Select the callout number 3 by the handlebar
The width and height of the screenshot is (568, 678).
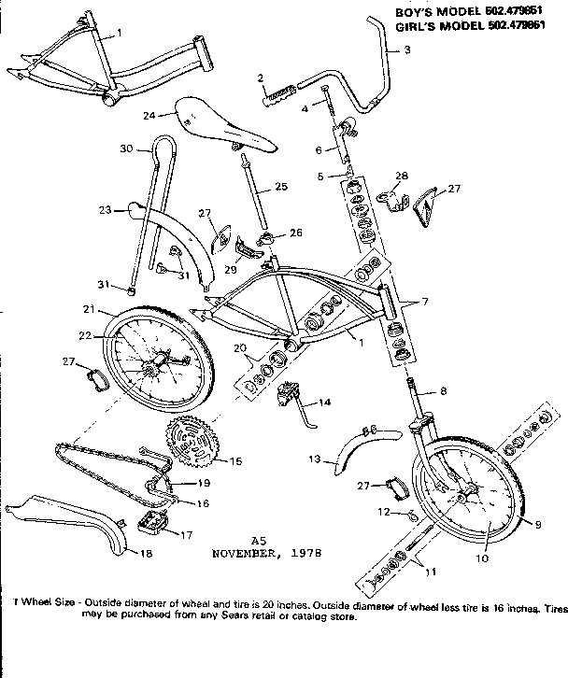pyautogui.click(x=406, y=50)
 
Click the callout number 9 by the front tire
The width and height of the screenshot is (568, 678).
pyautogui.click(x=537, y=525)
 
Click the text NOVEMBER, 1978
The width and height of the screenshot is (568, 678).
pyautogui.click(x=266, y=552)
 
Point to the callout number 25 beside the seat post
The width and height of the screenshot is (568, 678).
pyautogui.click(x=280, y=187)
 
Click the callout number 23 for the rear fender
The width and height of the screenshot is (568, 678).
pyautogui.click(x=105, y=210)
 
